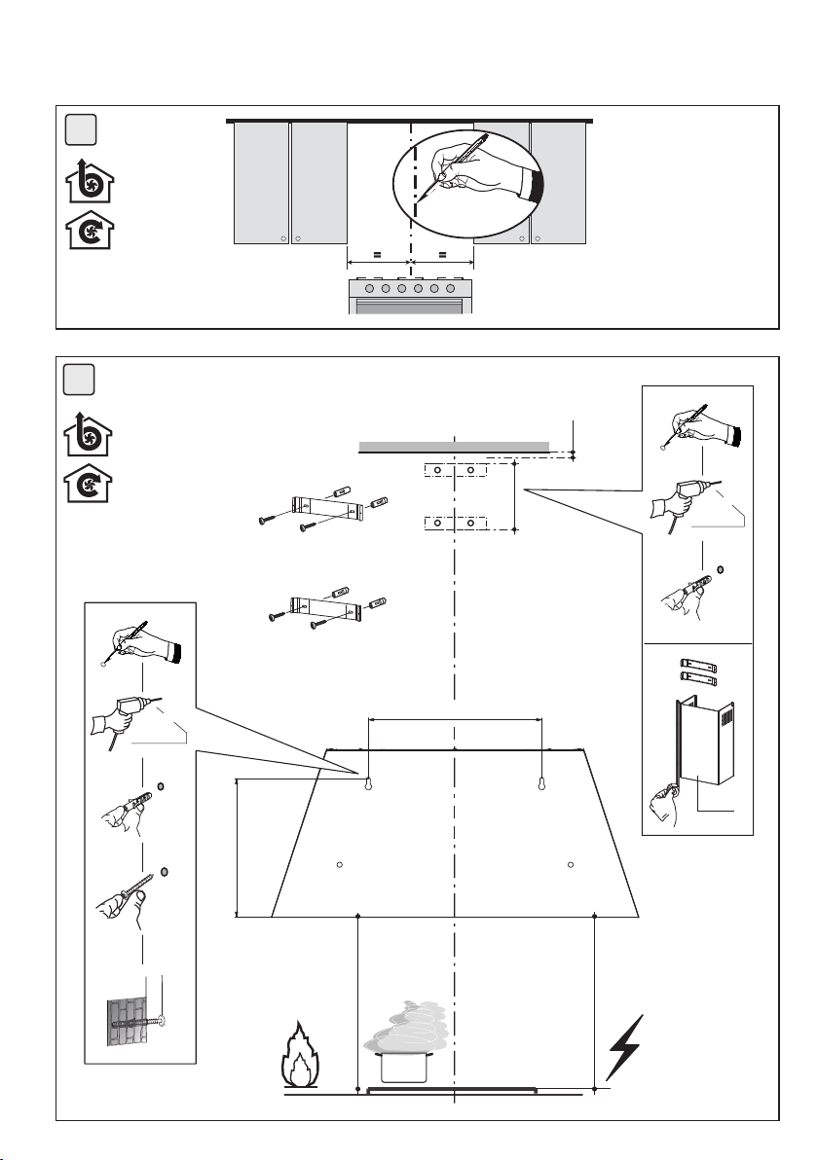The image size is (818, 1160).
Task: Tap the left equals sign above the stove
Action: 378,255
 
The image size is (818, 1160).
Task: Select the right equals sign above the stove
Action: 442,255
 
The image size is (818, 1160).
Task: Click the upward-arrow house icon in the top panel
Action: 89,182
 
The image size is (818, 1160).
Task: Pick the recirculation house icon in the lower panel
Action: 89,486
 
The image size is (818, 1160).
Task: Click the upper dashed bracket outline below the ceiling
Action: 455,471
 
